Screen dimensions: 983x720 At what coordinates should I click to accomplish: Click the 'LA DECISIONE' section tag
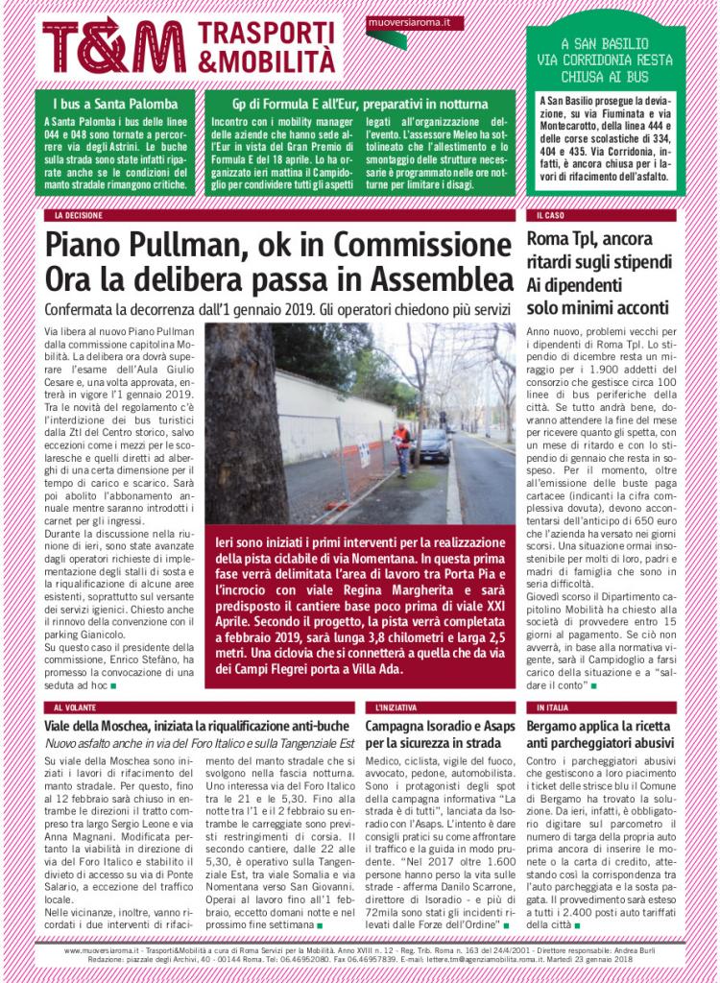[79, 216]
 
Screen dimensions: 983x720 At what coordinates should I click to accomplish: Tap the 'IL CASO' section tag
[551, 216]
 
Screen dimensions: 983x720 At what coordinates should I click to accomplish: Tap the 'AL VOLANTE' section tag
[77, 707]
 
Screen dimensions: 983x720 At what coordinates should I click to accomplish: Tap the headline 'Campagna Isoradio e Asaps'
[437, 726]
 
